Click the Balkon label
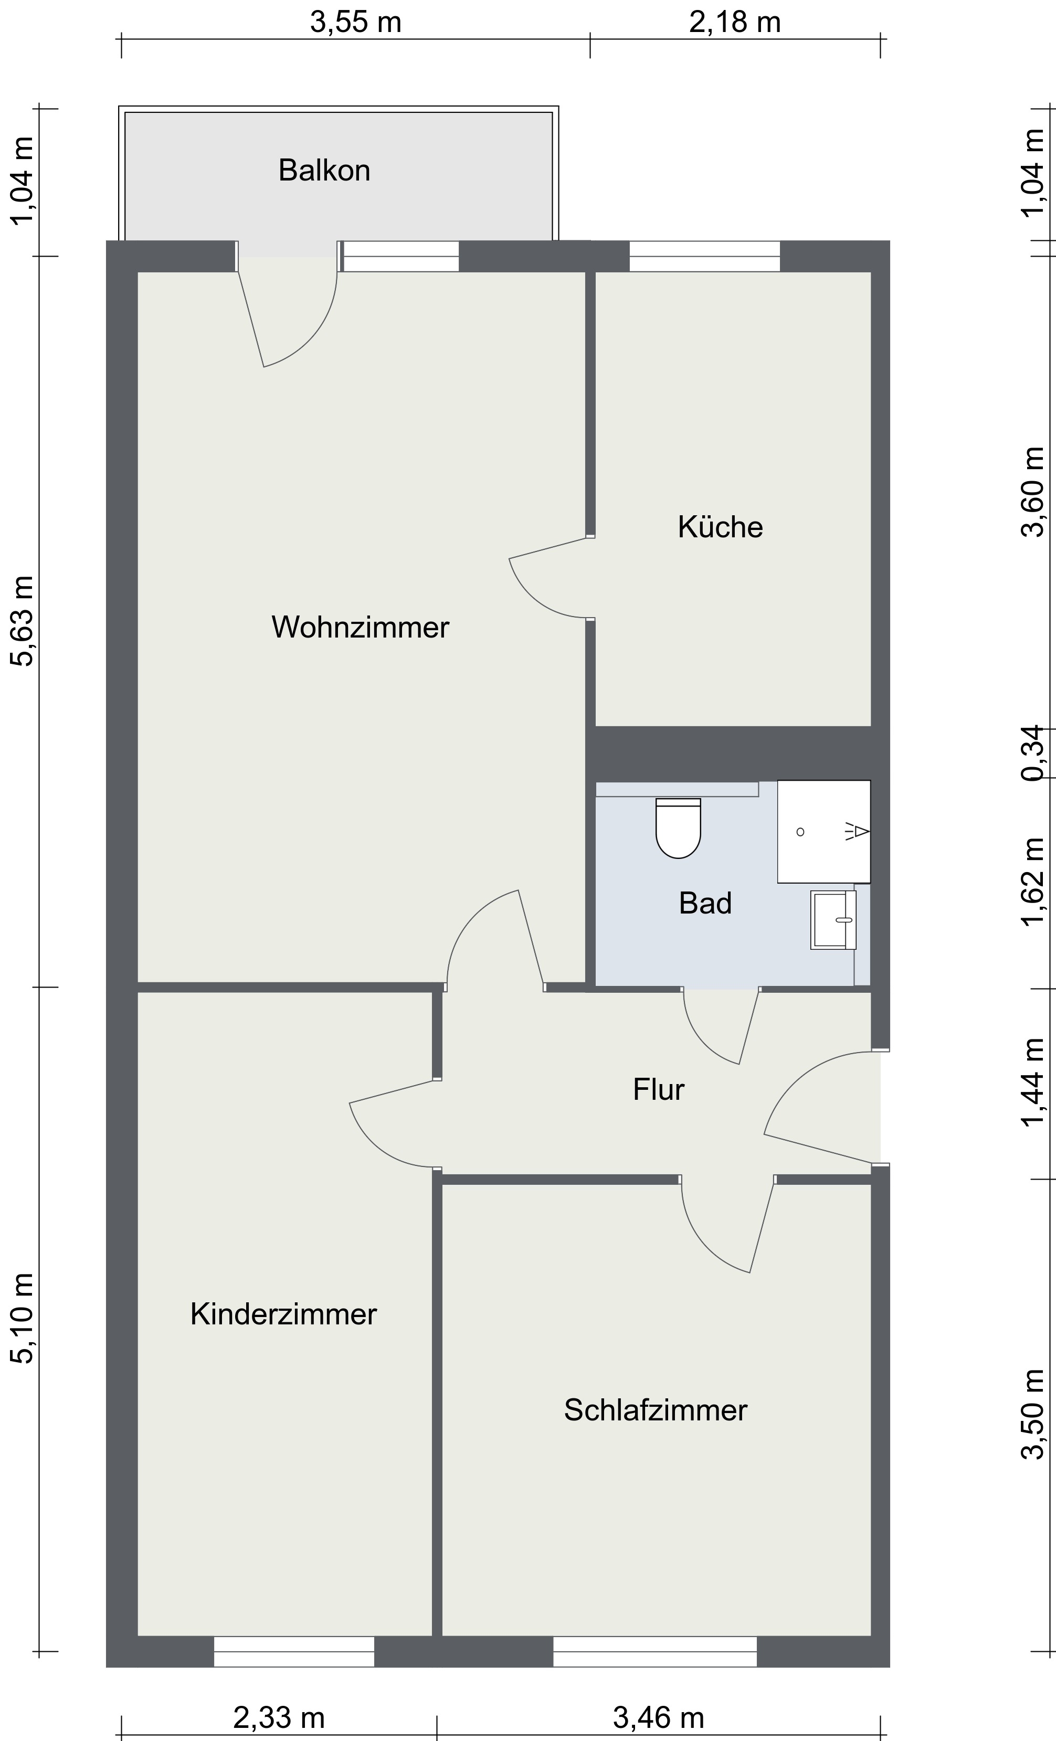pos(324,171)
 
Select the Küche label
pos(720,527)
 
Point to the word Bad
pos(705,903)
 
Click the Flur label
pos(658,1089)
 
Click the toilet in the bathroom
pos(678,827)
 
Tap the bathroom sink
pos(832,919)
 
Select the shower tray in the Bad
pos(823,831)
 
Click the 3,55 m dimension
pos(355,23)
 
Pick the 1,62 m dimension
pos(1033,880)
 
